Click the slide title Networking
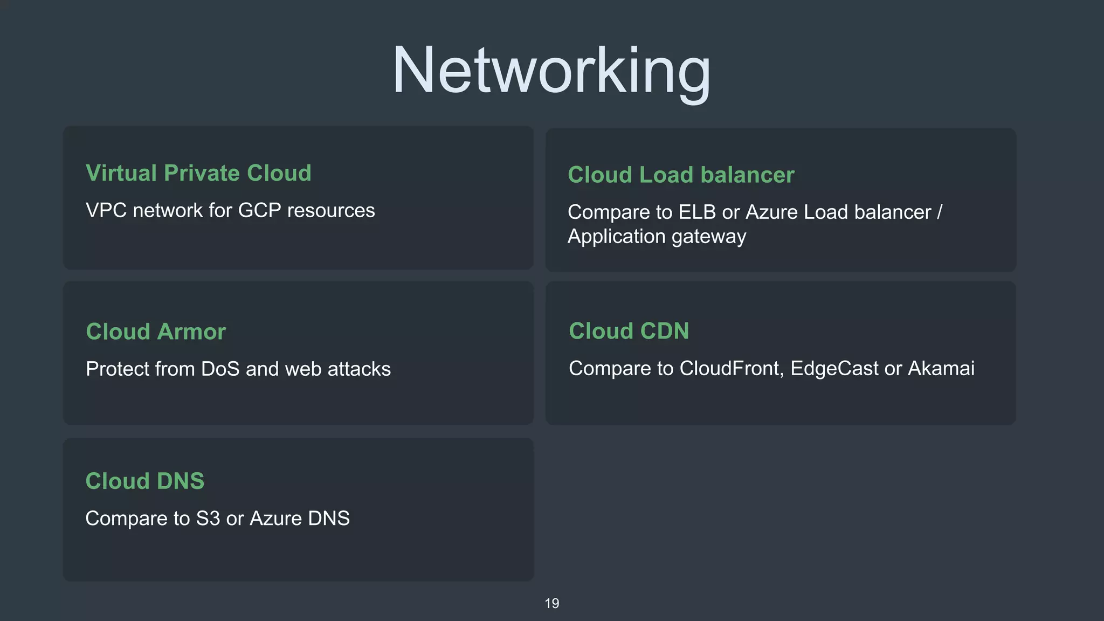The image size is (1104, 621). point(551,71)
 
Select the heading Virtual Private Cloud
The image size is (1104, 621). point(198,173)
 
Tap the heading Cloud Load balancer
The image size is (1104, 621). point(681,175)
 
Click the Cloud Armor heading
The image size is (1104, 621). point(156,332)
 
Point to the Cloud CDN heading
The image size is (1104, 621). point(629,331)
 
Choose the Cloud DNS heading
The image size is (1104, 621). point(145,481)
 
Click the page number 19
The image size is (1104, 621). point(551,603)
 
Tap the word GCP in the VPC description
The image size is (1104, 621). point(259,210)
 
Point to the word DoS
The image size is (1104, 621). point(220,369)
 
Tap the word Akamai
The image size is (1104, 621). point(941,368)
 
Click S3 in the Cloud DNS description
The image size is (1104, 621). point(208,518)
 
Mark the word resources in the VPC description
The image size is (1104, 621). point(331,210)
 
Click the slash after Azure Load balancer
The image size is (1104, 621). point(940,212)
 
